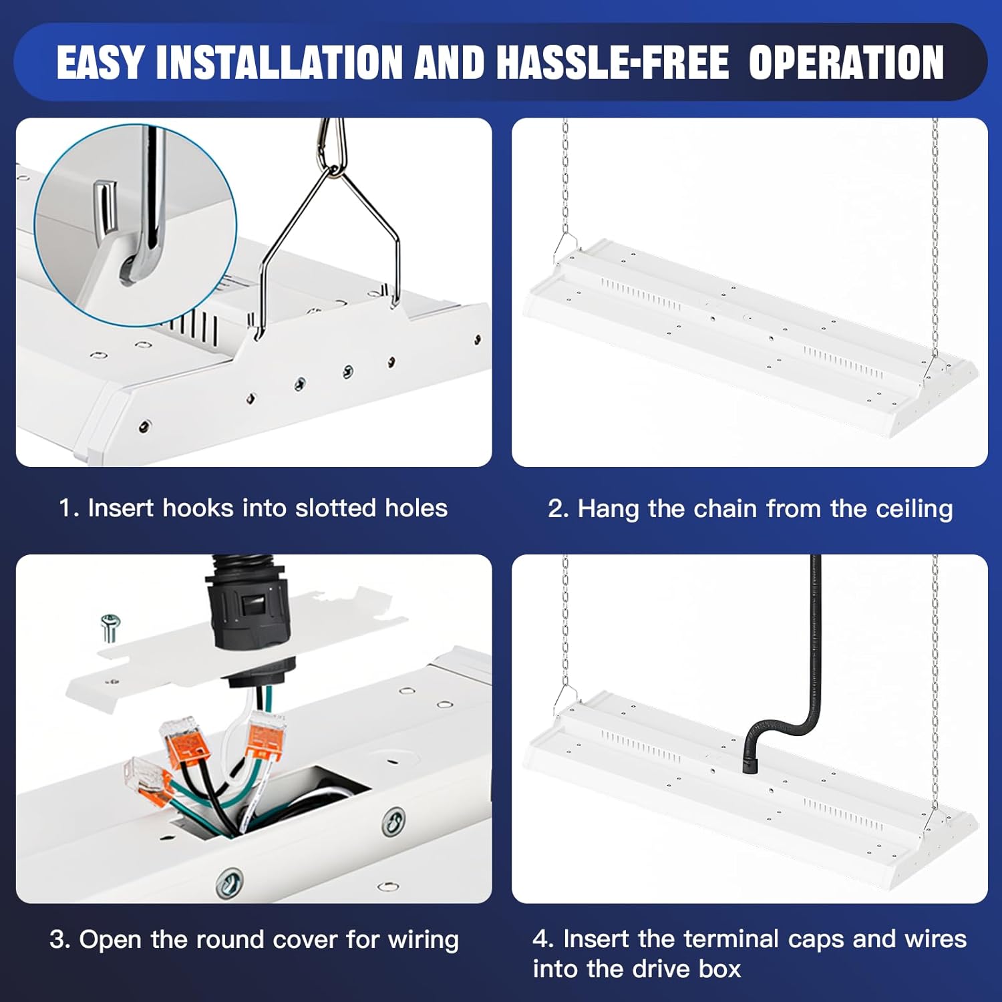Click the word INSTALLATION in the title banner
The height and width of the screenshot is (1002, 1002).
click(280, 63)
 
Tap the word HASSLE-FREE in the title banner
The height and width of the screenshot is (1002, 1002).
click(612, 63)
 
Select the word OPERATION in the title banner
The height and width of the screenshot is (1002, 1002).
click(846, 63)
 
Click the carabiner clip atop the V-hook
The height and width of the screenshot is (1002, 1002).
click(332, 147)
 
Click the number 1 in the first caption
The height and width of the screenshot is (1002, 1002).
click(65, 508)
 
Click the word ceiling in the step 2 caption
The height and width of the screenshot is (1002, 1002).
click(914, 509)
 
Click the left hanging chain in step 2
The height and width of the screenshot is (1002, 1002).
click(566, 180)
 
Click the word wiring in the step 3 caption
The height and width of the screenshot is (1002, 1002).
click(423, 940)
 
